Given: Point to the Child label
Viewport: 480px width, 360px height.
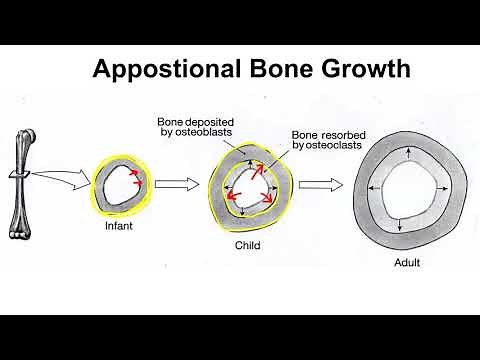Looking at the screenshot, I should (246, 243).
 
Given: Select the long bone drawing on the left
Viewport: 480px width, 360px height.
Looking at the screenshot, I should (24, 180).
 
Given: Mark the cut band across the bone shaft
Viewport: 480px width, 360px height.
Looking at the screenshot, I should (25, 178).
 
